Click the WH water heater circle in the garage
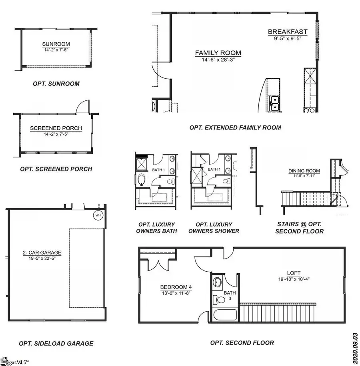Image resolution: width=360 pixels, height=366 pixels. tap(98, 215)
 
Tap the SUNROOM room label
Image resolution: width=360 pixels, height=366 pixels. tap(56, 44)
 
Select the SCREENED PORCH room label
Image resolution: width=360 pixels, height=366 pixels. tap(56, 128)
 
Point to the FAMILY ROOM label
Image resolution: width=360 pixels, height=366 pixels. tap(218, 53)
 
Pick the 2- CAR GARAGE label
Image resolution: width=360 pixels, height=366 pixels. tap(42, 253)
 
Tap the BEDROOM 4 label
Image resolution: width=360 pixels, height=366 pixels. tap(176, 287)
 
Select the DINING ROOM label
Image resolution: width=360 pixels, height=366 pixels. tap(304, 171)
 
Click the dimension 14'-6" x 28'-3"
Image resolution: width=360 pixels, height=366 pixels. tap(218, 60)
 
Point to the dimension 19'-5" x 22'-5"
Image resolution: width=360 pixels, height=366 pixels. tap(42, 259)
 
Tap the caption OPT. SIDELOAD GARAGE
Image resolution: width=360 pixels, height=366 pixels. tap(56, 343)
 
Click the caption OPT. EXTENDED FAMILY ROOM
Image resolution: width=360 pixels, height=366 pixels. tap(235, 127)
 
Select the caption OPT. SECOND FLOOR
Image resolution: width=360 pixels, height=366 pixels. tap(242, 342)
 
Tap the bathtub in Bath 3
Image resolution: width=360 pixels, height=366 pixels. tap(226, 315)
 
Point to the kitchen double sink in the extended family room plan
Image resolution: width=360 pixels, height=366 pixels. tap(275, 103)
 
